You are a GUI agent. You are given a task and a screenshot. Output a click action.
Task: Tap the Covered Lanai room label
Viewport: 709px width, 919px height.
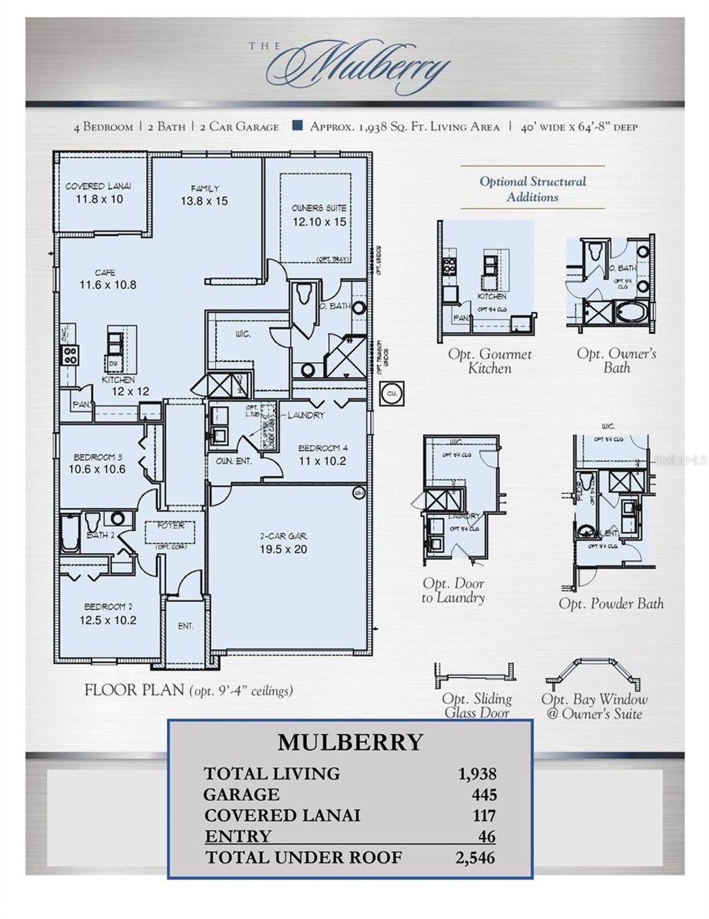coord(98,186)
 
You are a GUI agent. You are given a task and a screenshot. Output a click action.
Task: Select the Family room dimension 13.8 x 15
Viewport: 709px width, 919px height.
coord(204,202)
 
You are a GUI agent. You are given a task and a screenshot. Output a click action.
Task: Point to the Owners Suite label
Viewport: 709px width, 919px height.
coord(318,208)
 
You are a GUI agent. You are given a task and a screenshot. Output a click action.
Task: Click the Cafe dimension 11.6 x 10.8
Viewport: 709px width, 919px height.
coord(107,285)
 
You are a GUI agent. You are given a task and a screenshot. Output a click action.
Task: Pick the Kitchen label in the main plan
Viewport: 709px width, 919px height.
coord(118,380)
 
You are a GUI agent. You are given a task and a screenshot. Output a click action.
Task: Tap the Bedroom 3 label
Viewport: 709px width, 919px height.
coord(98,457)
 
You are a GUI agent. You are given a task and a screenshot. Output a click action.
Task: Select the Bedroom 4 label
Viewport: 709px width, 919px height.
coord(318,448)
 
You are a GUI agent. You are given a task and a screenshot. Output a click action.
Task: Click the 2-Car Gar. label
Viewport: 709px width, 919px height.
coord(284,536)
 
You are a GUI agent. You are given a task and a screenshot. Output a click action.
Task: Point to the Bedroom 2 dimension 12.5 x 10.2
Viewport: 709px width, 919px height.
coord(107,620)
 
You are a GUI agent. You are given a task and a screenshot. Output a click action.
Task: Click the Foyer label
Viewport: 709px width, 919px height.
coord(170,526)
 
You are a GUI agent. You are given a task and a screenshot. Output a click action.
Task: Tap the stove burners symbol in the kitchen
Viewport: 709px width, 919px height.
coord(70,355)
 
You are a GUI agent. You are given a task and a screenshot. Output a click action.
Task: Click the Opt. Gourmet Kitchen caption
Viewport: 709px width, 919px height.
coord(490,361)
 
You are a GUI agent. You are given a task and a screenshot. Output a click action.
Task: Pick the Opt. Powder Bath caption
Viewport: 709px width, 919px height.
coord(611,604)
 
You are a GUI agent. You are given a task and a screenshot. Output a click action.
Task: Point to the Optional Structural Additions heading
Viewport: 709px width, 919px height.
coord(532,189)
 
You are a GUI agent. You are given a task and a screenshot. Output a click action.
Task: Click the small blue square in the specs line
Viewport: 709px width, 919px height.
coord(297,126)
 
